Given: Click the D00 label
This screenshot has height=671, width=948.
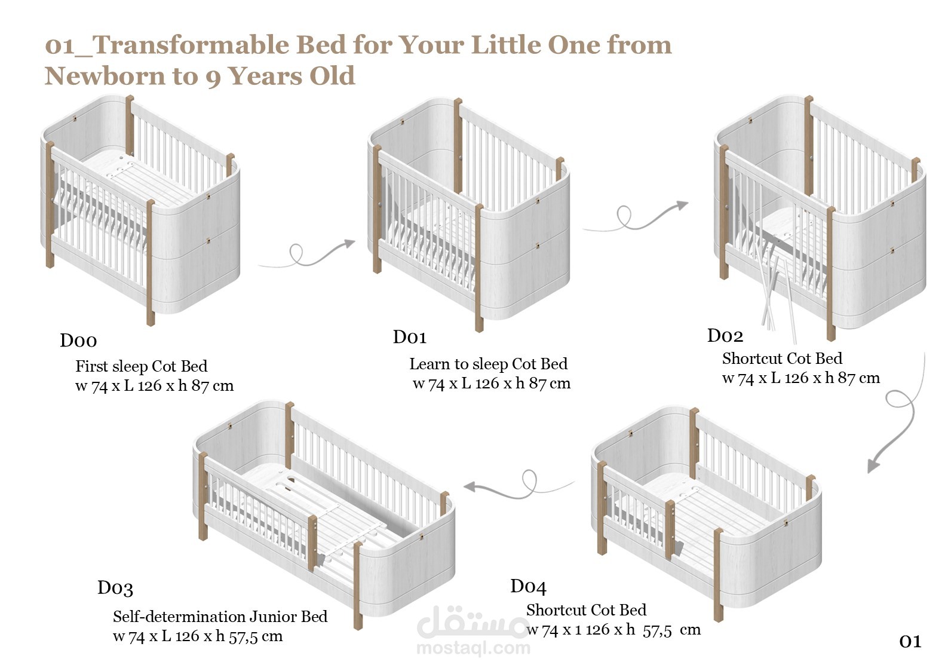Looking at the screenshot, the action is click(x=79, y=341).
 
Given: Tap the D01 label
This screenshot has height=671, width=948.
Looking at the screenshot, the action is click(x=410, y=337).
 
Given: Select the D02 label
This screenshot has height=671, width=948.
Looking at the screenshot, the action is click(x=725, y=336).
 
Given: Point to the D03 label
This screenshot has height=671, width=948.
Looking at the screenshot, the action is click(x=115, y=587).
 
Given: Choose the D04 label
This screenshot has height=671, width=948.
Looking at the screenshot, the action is click(x=528, y=586).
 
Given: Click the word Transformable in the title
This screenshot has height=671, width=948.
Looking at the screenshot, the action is click(x=193, y=45).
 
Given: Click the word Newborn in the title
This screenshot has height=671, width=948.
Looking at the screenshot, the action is click(x=105, y=76).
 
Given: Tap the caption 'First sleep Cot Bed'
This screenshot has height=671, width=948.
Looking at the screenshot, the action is click(x=142, y=366).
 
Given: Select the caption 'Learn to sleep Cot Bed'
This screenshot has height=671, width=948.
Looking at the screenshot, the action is click(x=488, y=364).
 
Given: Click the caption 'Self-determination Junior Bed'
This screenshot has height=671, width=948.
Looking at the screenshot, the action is click(x=220, y=617).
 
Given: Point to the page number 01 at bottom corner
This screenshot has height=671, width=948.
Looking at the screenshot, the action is click(x=910, y=642).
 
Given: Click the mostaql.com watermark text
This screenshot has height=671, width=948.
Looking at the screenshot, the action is click(x=473, y=648).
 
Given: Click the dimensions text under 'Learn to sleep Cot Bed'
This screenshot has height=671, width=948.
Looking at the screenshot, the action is click(x=492, y=383).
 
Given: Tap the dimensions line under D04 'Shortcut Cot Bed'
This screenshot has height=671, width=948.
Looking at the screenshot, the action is click(x=613, y=630).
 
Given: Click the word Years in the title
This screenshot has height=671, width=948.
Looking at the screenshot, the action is click(x=265, y=76).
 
